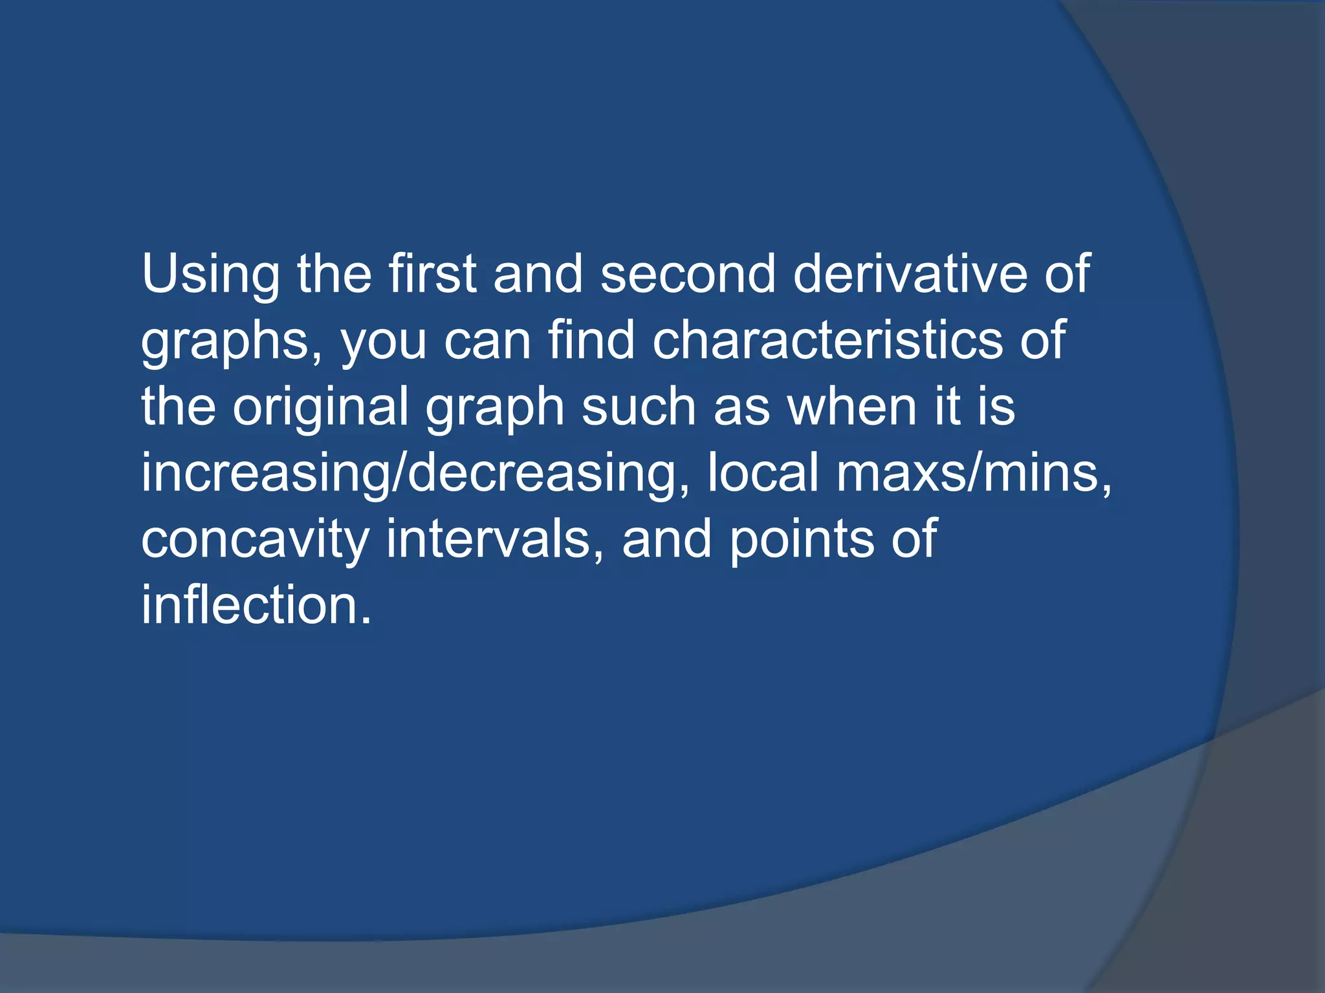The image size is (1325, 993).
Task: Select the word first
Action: pyautogui.click(x=432, y=274)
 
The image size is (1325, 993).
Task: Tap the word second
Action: pyautogui.click(x=687, y=274)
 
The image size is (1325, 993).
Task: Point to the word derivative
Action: pyautogui.click(x=910, y=274)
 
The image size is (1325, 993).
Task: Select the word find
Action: pyautogui.click(x=591, y=340)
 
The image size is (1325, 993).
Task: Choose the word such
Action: pyautogui.click(x=638, y=407)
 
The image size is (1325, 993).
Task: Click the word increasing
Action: pyautogui.click(x=265, y=474)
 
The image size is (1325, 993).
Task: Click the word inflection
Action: pyautogui.click(x=249, y=605)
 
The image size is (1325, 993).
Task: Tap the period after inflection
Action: pyautogui.click(x=366, y=620)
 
